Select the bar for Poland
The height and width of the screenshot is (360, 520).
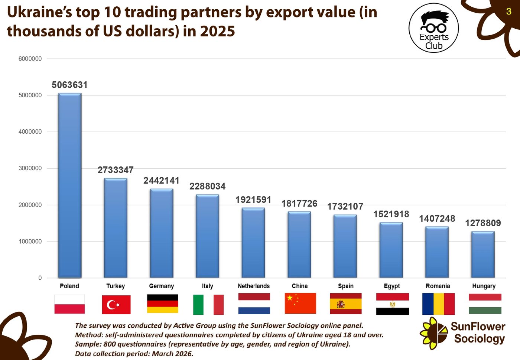(x=70, y=185)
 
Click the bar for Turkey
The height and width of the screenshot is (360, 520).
(x=116, y=228)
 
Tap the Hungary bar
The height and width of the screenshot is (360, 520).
(x=483, y=254)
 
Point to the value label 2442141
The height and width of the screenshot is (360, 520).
(x=161, y=181)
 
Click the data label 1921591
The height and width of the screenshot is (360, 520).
(x=253, y=200)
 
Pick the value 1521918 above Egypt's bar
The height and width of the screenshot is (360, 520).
(x=391, y=214)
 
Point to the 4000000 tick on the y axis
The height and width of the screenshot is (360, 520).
(x=30, y=132)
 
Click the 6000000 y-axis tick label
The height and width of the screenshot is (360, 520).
(x=30, y=59)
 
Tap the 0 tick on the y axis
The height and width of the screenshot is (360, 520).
(x=40, y=278)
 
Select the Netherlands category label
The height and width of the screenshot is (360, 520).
(x=254, y=286)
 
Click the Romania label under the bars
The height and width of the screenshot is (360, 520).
(x=438, y=286)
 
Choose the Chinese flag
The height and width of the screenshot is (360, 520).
(x=300, y=303)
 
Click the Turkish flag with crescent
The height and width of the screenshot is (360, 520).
(x=116, y=305)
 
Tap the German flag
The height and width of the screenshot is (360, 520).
(x=163, y=304)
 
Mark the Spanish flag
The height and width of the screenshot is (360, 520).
(x=346, y=304)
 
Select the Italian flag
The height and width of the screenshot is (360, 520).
(x=208, y=305)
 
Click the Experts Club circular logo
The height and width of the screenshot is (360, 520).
(x=434, y=28)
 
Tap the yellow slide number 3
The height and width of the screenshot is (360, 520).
(x=508, y=12)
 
